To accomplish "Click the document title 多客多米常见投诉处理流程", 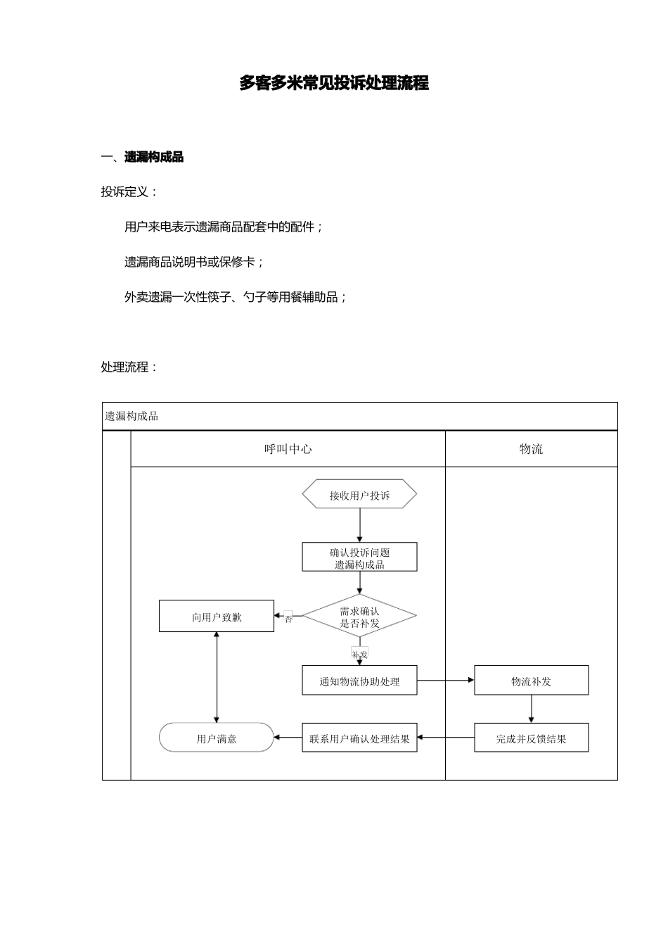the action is pos(334,83).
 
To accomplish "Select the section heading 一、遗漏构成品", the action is pos(142,157).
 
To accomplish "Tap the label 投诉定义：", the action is pos(129,191).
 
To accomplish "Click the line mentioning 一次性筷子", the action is pos(236,297).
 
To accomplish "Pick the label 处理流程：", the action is pos(129,367).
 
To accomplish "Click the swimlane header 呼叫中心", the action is pos(288,449).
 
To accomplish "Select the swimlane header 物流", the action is pos(532,449).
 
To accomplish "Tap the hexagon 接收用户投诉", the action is pos(359,493).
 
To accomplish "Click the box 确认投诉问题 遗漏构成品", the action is pos(359,557).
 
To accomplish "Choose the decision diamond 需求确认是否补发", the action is pos(359,616).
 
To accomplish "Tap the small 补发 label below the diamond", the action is pos(359,653).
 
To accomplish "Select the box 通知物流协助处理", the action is pos(359,681).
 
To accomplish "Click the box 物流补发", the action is pos(532,681).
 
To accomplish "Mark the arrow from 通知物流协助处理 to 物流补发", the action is pos(446,681).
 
